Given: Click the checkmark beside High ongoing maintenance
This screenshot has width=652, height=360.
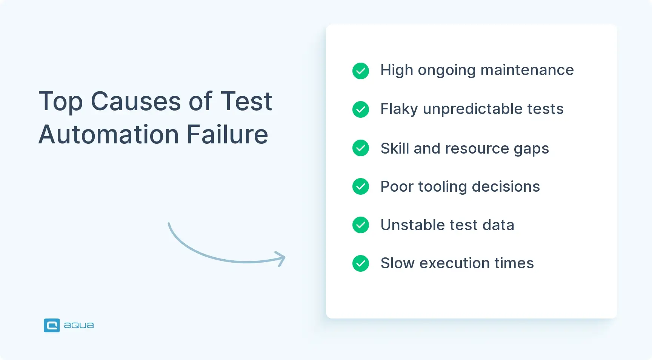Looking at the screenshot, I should [x=361, y=71].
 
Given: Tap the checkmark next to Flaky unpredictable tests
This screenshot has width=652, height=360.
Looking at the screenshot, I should [x=361, y=109].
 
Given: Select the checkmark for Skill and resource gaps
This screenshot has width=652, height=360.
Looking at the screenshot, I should [x=361, y=148].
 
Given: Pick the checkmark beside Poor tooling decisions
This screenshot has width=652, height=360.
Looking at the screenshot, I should [x=361, y=186].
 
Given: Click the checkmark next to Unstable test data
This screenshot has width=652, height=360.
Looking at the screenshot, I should [x=361, y=225].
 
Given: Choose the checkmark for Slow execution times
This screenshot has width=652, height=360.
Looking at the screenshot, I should [x=361, y=263].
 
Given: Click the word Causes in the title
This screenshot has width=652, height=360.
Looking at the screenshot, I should [x=136, y=102].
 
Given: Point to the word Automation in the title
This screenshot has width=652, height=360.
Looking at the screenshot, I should [x=109, y=135].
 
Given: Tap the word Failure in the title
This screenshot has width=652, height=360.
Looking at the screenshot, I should [x=227, y=135].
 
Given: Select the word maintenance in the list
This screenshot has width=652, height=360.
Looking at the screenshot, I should [x=527, y=70].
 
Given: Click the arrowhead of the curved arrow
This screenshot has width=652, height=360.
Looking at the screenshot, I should [x=281, y=258].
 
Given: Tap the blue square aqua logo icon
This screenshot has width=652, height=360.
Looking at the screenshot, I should [x=52, y=325].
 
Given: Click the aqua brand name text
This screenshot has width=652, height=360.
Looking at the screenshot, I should [x=79, y=325].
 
